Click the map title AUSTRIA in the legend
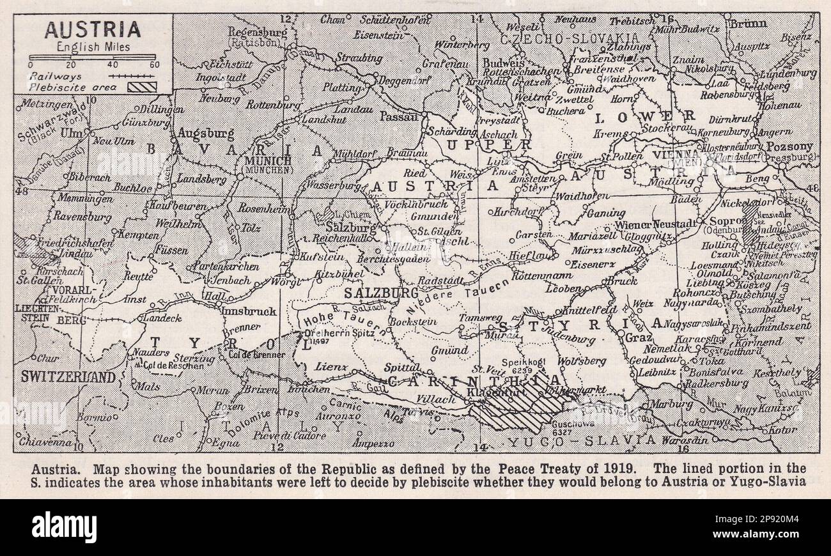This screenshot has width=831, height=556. pos(93,29)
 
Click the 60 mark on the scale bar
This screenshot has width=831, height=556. pos(153,65)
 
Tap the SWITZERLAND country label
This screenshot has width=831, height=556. pos(68,377)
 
